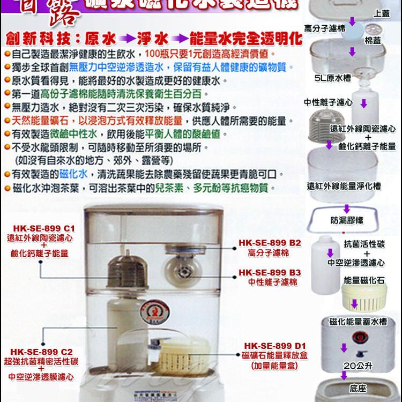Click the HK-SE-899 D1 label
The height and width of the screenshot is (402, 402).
(x=274, y=346)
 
